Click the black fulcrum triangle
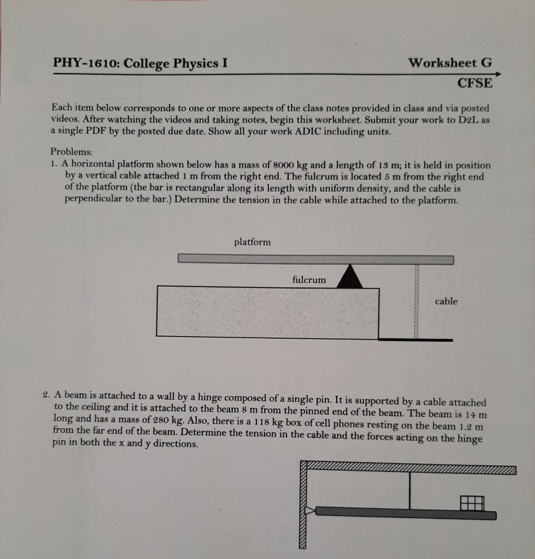coord(349,277)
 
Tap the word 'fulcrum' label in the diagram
coord(309,279)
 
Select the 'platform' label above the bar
coord(252,242)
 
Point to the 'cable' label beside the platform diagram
coord(446,301)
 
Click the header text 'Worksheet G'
coord(449,62)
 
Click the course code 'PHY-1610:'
coord(85,64)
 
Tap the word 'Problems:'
coord(71,151)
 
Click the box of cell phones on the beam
coord(472,502)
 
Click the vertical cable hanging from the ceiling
coord(409,489)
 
